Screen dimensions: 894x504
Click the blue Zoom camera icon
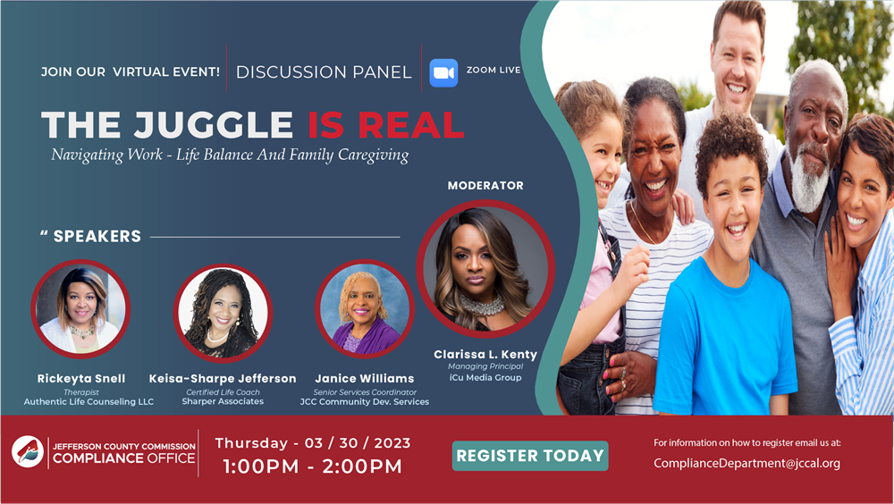[x=443, y=73]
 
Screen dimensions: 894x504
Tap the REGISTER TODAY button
[x=530, y=456]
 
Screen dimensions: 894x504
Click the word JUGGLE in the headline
[x=214, y=125]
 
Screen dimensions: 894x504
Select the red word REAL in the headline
[x=411, y=125]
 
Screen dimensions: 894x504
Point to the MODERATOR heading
[x=485, y=185]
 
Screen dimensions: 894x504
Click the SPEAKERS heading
[x=97, y=236]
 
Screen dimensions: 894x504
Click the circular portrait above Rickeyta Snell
[x=81, y=309]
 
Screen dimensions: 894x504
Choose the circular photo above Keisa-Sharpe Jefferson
[x=223, y=313]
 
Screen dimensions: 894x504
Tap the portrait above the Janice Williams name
[x=365, y=309]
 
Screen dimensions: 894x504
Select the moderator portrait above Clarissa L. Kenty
[x=485, y=268]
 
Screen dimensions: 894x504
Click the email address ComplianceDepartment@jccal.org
[x=746, y=464]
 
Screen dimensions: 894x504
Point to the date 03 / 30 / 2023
[x=358, y=443]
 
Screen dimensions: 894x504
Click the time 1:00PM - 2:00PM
[x=312, y=466]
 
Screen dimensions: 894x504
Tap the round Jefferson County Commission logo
[x=28, y=451]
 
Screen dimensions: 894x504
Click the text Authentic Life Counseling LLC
[x=89, y=402]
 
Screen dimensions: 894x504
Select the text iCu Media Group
[x=485, y=377]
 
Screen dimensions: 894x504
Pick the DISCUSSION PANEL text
[x=324, y=72]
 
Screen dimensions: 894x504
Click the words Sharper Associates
[x=223, y=401]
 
